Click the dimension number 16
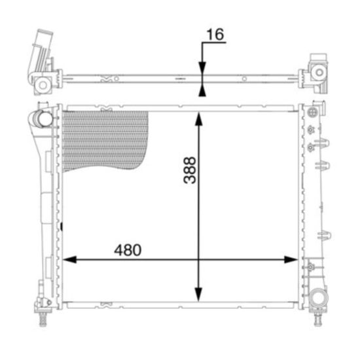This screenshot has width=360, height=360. coord(215,34)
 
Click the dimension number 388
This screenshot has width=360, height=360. coord(190,170)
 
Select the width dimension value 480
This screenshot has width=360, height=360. coord(128,250)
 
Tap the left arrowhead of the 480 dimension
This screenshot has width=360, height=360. coord(69,260)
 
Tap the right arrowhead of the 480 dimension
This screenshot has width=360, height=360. coord(291,260)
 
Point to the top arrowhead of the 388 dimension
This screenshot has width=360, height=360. coord(198,118)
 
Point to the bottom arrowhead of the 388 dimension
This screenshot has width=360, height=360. coord(198,295)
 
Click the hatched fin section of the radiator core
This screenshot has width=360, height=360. coord(105,140)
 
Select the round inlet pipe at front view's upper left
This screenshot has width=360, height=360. coord(45,119)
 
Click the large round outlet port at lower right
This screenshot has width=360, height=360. coord(319,298)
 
